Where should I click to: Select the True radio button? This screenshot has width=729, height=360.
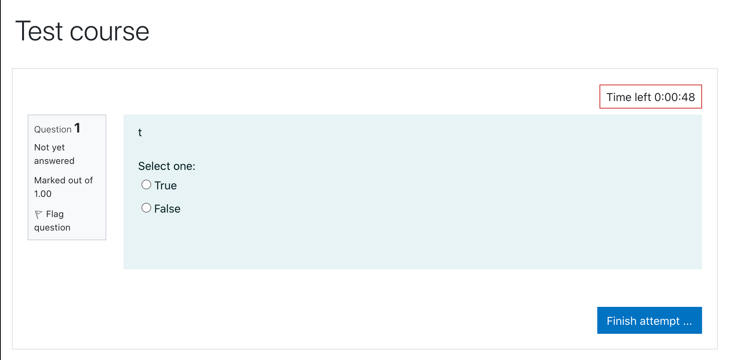click(146, 184)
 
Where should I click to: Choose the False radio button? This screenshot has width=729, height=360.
click(146, 208)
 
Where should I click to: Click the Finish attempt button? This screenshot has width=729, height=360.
click(649, 320)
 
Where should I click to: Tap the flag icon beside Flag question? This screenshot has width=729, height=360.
click(39, 214)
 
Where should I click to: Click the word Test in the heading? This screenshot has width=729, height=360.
click(39, 31)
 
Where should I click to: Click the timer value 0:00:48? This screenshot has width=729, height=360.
click(674, 97)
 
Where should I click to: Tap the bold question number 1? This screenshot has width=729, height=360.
click(77, 128)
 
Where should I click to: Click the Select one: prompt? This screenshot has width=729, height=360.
click(167, 166)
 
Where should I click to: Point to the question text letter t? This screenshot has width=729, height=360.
click(140, 132)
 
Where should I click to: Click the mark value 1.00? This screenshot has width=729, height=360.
click(43, 194)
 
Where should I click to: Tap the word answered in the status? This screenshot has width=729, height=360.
click(54, 161)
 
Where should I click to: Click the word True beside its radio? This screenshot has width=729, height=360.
click(165, 186)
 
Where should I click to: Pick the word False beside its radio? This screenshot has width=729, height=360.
click(167, 209)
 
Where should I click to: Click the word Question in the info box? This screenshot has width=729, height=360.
click(53, 129)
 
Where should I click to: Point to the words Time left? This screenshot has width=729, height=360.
click(629, 97)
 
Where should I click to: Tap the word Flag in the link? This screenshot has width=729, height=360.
click(55, 214)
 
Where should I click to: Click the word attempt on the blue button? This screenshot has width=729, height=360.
click(659, 321)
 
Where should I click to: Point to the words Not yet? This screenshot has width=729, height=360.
click(49, 147)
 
